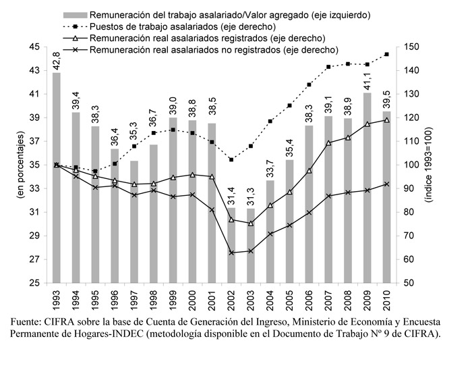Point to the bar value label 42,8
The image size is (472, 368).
57,59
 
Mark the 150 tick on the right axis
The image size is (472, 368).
415,47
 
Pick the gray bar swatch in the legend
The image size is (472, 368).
73,14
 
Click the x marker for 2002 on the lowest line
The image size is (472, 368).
231,253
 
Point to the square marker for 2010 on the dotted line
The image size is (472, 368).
387,54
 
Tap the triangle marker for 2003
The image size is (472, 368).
251,223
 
